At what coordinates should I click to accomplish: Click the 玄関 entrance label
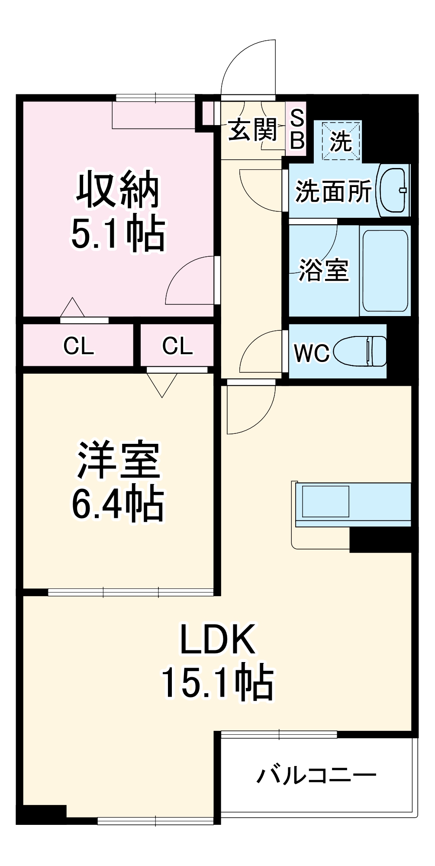[252, 129]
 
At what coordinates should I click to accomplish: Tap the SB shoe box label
[297, 129]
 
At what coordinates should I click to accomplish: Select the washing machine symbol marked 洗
[341, 141]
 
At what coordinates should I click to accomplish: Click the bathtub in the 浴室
[385, 271]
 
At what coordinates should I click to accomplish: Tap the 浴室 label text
[324, 271]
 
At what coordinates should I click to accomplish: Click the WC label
[311, 353]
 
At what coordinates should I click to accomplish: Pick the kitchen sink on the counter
[325, 501]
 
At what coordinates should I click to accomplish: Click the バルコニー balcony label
[316, 775]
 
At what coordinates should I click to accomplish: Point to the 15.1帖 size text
[217, 682]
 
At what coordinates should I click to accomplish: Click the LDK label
[217, 640]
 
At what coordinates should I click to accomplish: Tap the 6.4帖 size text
[118, 504]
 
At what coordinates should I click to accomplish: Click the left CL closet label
[78, 346]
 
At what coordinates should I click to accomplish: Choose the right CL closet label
[177, 346]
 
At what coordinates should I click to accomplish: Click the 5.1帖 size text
[118, 234]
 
